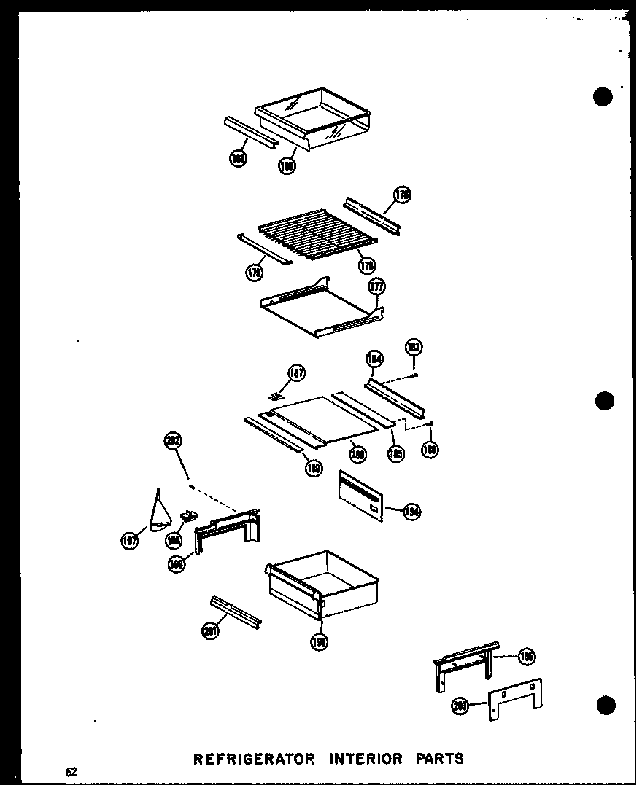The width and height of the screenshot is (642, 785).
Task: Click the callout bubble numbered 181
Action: (239, 158)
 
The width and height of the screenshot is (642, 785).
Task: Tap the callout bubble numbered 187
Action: (296, 373)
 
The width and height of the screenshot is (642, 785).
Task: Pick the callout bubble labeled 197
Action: (131, 540)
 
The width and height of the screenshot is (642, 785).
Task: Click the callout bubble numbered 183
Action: (414, 347)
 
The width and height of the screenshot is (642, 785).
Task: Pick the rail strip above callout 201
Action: (236, 611)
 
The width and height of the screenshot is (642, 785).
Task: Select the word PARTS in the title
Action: (436, 759)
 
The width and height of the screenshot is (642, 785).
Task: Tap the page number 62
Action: (71, 771)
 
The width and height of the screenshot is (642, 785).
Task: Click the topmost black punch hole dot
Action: (603, 97)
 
